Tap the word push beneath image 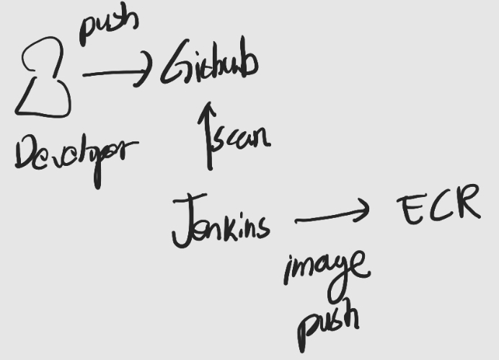tap(329, 321)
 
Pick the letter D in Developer tap(25, 152)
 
